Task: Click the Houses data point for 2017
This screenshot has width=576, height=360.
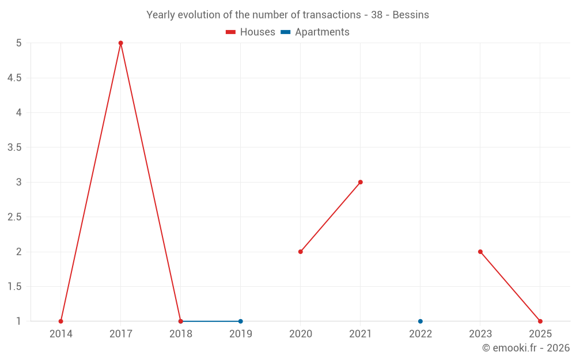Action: click(121, 43)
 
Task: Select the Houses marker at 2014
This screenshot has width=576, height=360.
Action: click(61, 321)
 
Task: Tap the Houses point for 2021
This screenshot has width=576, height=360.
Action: click(361, 182)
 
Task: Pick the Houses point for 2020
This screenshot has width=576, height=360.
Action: click(301, 252)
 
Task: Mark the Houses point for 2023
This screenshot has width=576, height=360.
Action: click(480, 252)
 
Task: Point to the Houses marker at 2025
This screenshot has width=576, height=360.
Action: click(540, 321)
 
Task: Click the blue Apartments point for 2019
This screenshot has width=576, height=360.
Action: click(241, 321)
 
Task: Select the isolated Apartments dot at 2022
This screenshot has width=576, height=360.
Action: click(420, 321)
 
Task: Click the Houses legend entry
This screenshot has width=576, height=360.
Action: click(251, 32)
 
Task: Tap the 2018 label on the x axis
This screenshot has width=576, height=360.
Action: click(181, 334)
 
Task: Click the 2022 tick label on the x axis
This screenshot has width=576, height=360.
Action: click(420, 334)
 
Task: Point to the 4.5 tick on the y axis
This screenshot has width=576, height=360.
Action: click(14, 78)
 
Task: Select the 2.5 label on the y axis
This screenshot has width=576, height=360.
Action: click(14, 217)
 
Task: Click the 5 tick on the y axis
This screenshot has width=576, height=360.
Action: click(19, 43)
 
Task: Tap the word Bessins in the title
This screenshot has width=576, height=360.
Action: click(411, 15)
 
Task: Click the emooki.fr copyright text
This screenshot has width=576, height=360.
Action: click(526, 348)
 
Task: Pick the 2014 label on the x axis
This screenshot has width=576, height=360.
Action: click(61, 334)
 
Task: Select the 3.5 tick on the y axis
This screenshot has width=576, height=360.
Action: click(14, 147)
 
